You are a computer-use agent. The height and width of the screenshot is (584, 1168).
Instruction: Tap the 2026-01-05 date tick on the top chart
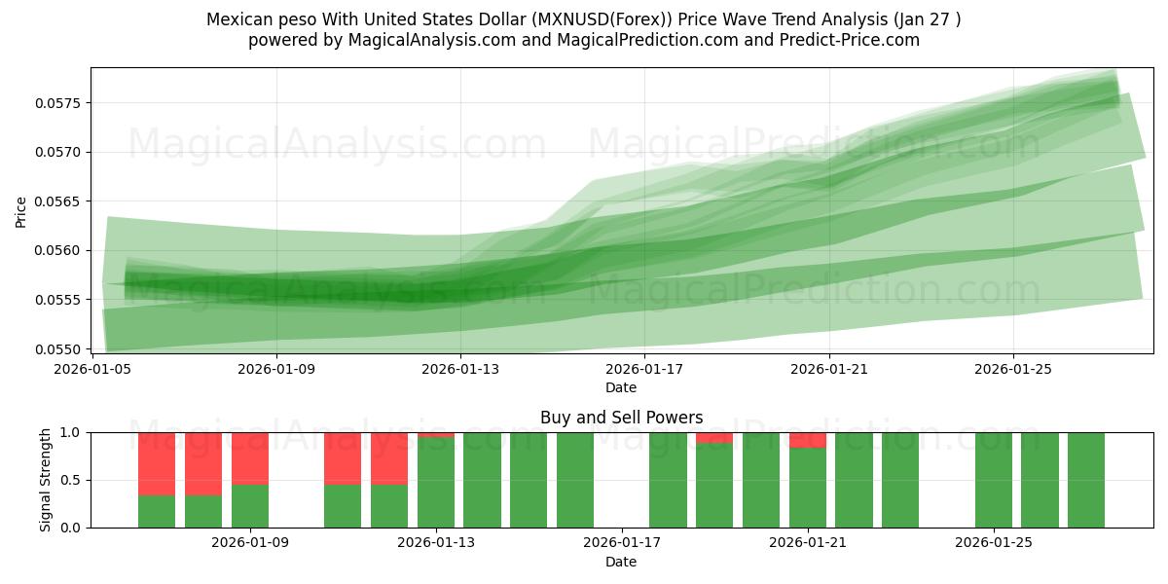point(92,369)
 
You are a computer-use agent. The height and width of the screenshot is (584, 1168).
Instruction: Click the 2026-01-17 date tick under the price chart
point(644,369)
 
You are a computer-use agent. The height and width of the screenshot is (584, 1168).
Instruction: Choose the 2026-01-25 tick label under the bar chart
point(994,543)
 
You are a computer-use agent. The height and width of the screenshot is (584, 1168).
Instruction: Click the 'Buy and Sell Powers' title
point(621,418)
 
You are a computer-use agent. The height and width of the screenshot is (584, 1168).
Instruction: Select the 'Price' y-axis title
point(21,210)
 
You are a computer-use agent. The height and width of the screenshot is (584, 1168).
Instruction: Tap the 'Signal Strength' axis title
point(46,480)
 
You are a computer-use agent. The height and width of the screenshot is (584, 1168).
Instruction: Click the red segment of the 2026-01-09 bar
point(250,457)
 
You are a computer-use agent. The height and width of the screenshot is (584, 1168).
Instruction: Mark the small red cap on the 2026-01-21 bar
point(808,440)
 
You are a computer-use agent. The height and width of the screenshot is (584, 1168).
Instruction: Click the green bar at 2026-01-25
point(994,480)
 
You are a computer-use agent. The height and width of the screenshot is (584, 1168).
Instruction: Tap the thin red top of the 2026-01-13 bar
point(436,434)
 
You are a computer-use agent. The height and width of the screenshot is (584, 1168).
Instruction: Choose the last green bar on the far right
point(1086,480)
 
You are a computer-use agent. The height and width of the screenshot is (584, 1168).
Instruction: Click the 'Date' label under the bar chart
point(621,562)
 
